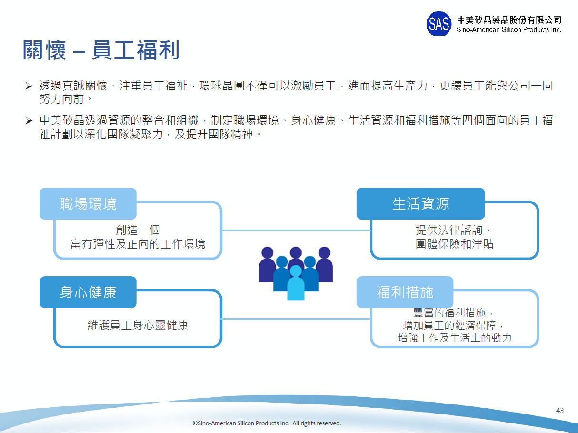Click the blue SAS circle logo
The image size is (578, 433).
pyautogui.click(x=438, y=24)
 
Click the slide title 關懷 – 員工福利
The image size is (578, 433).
pyautogui.click(x=101, y=50)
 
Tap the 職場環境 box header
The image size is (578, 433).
pyautogui.click(x=88, y=203)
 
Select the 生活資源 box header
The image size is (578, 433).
pyautogui.click(x=420, y=203)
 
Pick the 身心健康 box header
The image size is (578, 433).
pyautogui.click(x=88, y=292)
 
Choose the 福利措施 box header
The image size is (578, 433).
pyautogui.click(x=405, y=292)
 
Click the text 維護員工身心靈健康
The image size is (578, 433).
pyautogui.click(x=138, y=326)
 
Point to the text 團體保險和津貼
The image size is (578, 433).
pyautogui.click(x=455, y=244)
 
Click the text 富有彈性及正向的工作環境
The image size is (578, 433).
pyautogui.click(x=138, y=244)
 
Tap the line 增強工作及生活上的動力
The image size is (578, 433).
pyautogui.click(x=455, y=338)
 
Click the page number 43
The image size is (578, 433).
pyautogui.click(x=560, y=410)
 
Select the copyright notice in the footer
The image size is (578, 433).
pyautogui.click(x=267, y=423)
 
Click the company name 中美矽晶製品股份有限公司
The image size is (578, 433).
pyautogui.click(x=509, y=20)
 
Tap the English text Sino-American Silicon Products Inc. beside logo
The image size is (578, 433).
pyautogui.click(x=509, y=30)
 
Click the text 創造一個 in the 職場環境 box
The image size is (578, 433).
pyautogui.click(x=138, y=231)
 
